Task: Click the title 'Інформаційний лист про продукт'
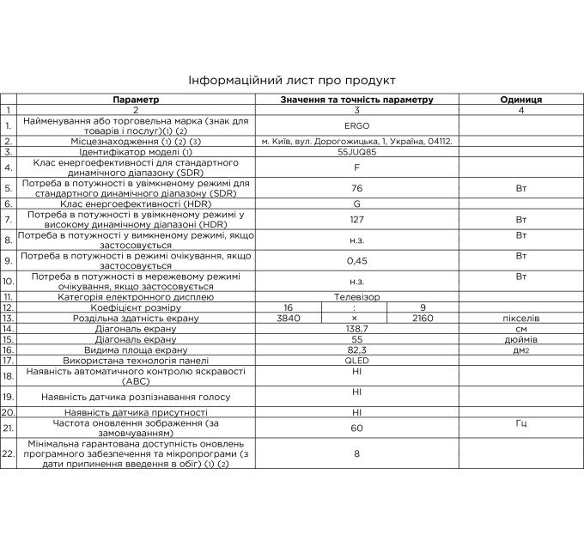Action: pyautogui.click(x=292, y=81)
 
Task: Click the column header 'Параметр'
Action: pyautogui.click(x=135, y=100)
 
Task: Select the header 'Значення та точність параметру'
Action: pyautogui.click(x=356, y=100)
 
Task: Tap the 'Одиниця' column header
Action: pyautogui.click(x=520, y=100)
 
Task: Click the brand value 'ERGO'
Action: pyautogui.click(x=356, y=125)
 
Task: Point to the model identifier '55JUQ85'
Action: pyautogui.click(x=356, y=152)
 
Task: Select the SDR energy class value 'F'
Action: pyautogui.click(x=356, y=167)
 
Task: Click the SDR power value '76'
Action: pyautogui.click(x=356, y=188)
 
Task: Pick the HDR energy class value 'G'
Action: pyautogui.click(x=356, y=204)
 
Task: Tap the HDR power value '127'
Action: pyautogui.click(x=356, y=219)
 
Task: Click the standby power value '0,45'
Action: pyautogui.click(x=356, y=260)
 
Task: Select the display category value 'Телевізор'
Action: pyautogui.click(x=356, y=296)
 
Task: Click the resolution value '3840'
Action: pyautogui.click(x=289, y=318)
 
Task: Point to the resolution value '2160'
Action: pyautogui.click(x=423, y=318)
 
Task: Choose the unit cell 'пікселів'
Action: pyautogui.click(x=520, y=318)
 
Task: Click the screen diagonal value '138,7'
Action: pyautogui.click(x=356, y=329)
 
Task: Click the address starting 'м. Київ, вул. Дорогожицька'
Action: pyautogui.click(x=356, y=141)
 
